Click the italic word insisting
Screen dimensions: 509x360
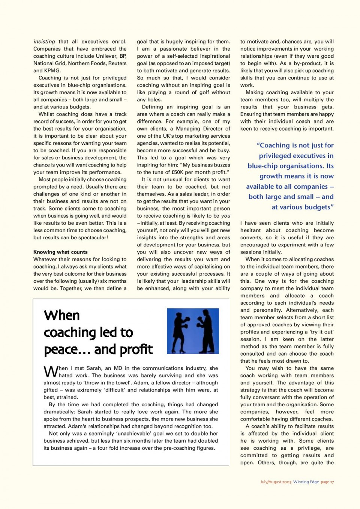click(44, 42)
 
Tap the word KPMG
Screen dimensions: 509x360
click(52, 71)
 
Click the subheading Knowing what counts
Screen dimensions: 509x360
click(60, 252)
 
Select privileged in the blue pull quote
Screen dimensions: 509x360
click(282, 156)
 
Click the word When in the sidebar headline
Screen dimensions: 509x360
click(62, 316)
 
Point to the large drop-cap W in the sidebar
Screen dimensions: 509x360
click(51, 372)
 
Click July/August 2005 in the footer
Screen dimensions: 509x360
click(276, 482)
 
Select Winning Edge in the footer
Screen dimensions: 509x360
click(306, 482)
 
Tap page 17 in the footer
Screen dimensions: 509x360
click(327, 482)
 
